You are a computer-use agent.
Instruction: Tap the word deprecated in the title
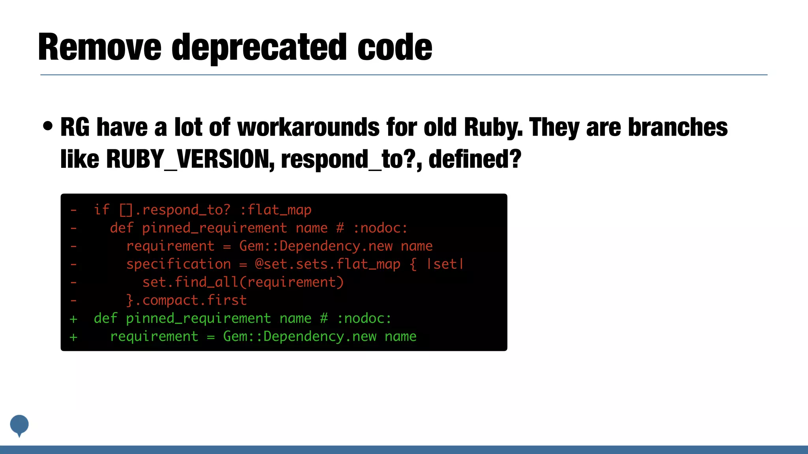click(x=259, y=48)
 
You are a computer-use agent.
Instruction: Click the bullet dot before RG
click(x=48, y=127)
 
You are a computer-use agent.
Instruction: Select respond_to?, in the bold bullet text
click(x=351, y=159)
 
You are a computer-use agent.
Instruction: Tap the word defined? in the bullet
click(x=475, y=159)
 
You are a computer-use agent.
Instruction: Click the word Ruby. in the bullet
click(x=493, y=128)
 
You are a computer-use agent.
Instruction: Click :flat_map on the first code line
click(x=275, y=210)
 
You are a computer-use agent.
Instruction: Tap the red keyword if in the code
click(x=101, y=210)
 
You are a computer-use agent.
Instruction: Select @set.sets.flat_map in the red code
click(x=327, y=264)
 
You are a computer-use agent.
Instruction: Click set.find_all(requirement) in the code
click(x=243, y=282)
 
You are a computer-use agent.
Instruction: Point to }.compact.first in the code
click(x=186, y=300)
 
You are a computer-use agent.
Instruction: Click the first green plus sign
click(x=73, y=319)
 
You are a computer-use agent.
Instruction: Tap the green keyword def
click(x=105, y=318)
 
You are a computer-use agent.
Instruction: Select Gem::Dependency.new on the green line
click(x=299, y=336)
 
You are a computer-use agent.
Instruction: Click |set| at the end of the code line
click(x=445, y=264)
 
